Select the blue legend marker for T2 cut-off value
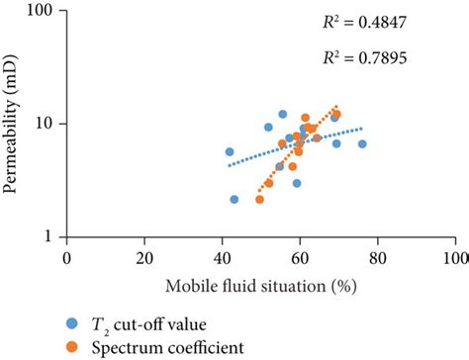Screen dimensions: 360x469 click(71, 323)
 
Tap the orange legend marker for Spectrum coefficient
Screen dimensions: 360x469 click(71, 346)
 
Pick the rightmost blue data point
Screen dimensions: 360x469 click(362, 144)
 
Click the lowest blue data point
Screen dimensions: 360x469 click(234, 199)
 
